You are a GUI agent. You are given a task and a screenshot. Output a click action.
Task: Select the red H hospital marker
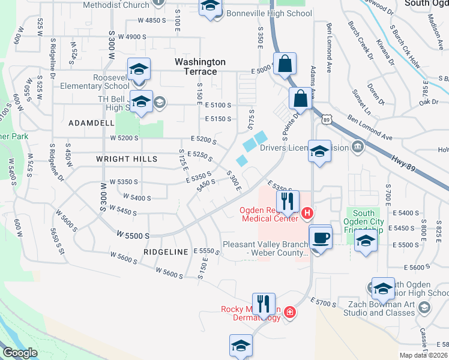pyautogui.click(x=307, y=212)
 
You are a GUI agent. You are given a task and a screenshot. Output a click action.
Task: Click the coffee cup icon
pyautogui.click(x=321, y=238)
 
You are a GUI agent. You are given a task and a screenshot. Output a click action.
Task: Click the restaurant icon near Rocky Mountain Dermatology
pyautogui.click(x=264, y=305)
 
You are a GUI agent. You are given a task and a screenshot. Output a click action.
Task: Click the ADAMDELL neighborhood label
pyautogui.click(x=91, y=122)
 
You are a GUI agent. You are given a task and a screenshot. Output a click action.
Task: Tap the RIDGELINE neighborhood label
pyautogui.click(x=166, y=252)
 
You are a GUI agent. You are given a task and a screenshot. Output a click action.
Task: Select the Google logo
pyautogui.click(x=19, y=353)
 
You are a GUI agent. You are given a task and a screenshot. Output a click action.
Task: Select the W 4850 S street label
pyautogui.click(x=151, y=20)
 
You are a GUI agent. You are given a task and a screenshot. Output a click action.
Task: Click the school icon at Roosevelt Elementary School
pyautogui.click(x=139, y=70)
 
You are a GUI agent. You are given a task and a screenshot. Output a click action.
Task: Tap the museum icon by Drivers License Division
pyautogui.click(x=358, y=146)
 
